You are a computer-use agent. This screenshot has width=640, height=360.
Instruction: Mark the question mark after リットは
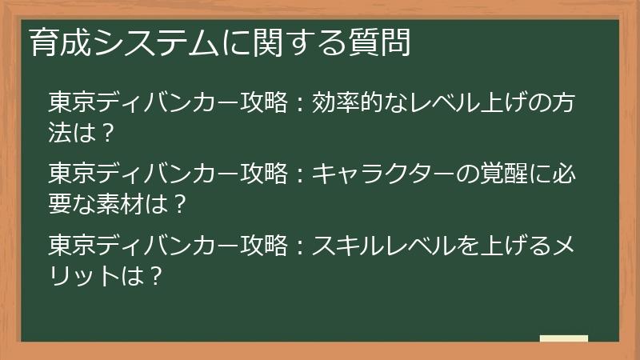point(157,275)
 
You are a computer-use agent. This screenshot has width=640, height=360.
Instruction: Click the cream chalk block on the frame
point(564,338)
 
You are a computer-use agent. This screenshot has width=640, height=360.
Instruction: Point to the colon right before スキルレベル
point(299,246)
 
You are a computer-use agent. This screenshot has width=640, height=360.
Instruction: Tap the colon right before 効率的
point(299,105)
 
